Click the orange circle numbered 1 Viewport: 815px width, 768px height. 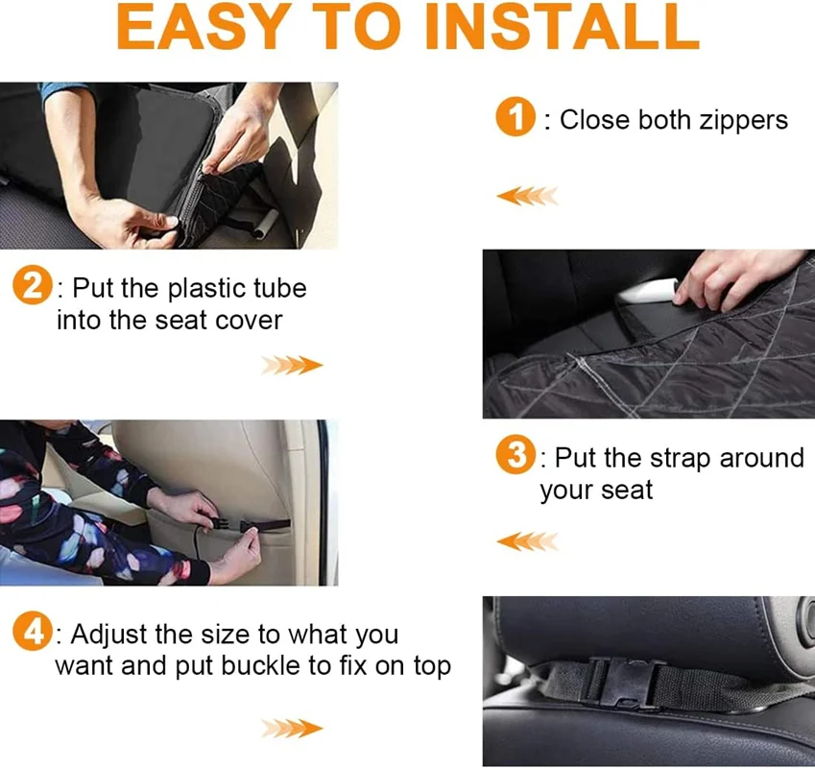[x=515, y=116]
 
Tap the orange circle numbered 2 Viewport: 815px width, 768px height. [x=33, y=285]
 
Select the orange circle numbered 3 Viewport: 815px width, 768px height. [x=515, y=455]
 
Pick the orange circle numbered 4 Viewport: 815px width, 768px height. [x=33, y=631]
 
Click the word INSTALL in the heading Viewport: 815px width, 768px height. [x=562, y=27]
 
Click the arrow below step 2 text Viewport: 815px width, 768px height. [x=292, y=366]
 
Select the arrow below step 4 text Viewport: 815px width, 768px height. [x=292, y=729]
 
